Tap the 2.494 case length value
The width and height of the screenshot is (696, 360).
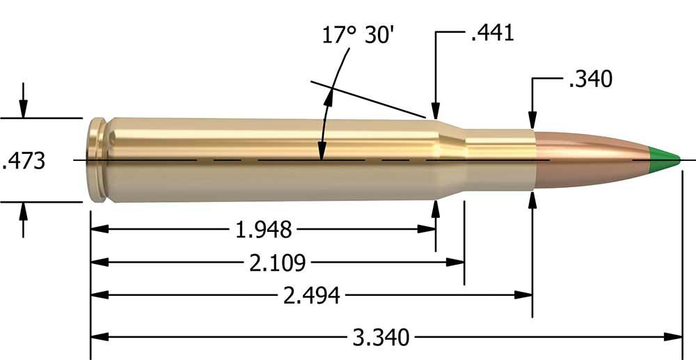click(312, 296)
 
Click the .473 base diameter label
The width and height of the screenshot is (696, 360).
click(24, 161)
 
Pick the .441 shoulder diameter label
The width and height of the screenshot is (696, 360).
click(493, 33)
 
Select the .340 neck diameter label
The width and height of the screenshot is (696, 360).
click(590, 79)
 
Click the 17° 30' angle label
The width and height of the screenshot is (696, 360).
click(359, 34)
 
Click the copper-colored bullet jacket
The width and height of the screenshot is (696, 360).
click(592, 160)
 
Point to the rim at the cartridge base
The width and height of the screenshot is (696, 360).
click(97, 160)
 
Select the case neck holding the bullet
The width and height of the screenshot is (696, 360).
click(498, 160)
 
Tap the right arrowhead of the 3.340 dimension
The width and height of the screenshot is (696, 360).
click(674, 337)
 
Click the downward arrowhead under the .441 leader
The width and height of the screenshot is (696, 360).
click(436, 111)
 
